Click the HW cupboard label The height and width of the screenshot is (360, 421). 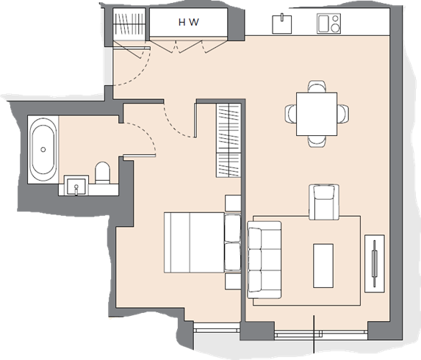pos(189,22)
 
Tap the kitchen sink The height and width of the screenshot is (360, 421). pos(282,24)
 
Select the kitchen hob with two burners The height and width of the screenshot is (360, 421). pos(328,24)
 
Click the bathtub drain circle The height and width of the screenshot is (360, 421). pos(43,150)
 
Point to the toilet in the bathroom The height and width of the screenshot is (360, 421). pos(103,173)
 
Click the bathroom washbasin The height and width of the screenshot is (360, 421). pos(76,185)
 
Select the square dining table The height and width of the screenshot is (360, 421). pos(317,114)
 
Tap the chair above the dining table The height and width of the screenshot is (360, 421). pos(317,87)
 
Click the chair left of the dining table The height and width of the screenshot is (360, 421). pos(290,114)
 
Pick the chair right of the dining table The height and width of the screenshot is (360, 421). pos(343,114)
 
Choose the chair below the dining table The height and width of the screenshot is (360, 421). pos(317,141)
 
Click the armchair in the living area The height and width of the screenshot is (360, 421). pos(324,202)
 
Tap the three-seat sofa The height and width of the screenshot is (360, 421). pos(265,260)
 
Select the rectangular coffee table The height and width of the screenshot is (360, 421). pos(323,266)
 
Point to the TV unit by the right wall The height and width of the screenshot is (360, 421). pos(374,264)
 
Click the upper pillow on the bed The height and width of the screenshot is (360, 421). pos(232,228)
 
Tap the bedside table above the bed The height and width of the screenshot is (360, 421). pos(233,204)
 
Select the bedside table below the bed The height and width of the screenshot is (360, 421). pos(233,281)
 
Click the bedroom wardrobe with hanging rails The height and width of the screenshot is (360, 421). pos(229,140)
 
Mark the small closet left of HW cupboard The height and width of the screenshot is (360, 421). pos(129,24)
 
